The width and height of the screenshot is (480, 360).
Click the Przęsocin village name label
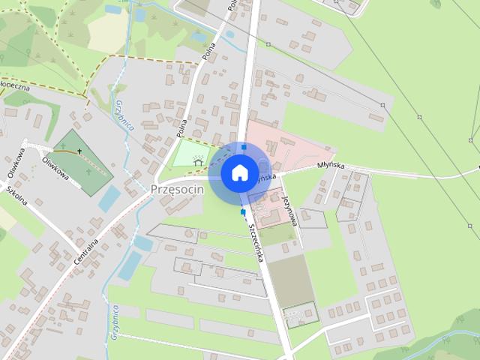click(x=176, y=189)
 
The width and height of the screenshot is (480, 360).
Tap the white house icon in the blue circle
click(x=238, y=172)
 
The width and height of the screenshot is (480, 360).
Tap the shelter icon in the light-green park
click(x=198, y=159)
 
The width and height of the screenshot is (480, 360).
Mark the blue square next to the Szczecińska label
click(x=243, y=212)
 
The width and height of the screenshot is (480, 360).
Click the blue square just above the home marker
click(x=244, y=146)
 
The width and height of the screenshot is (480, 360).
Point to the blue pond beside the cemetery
click(x=109, y=198)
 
